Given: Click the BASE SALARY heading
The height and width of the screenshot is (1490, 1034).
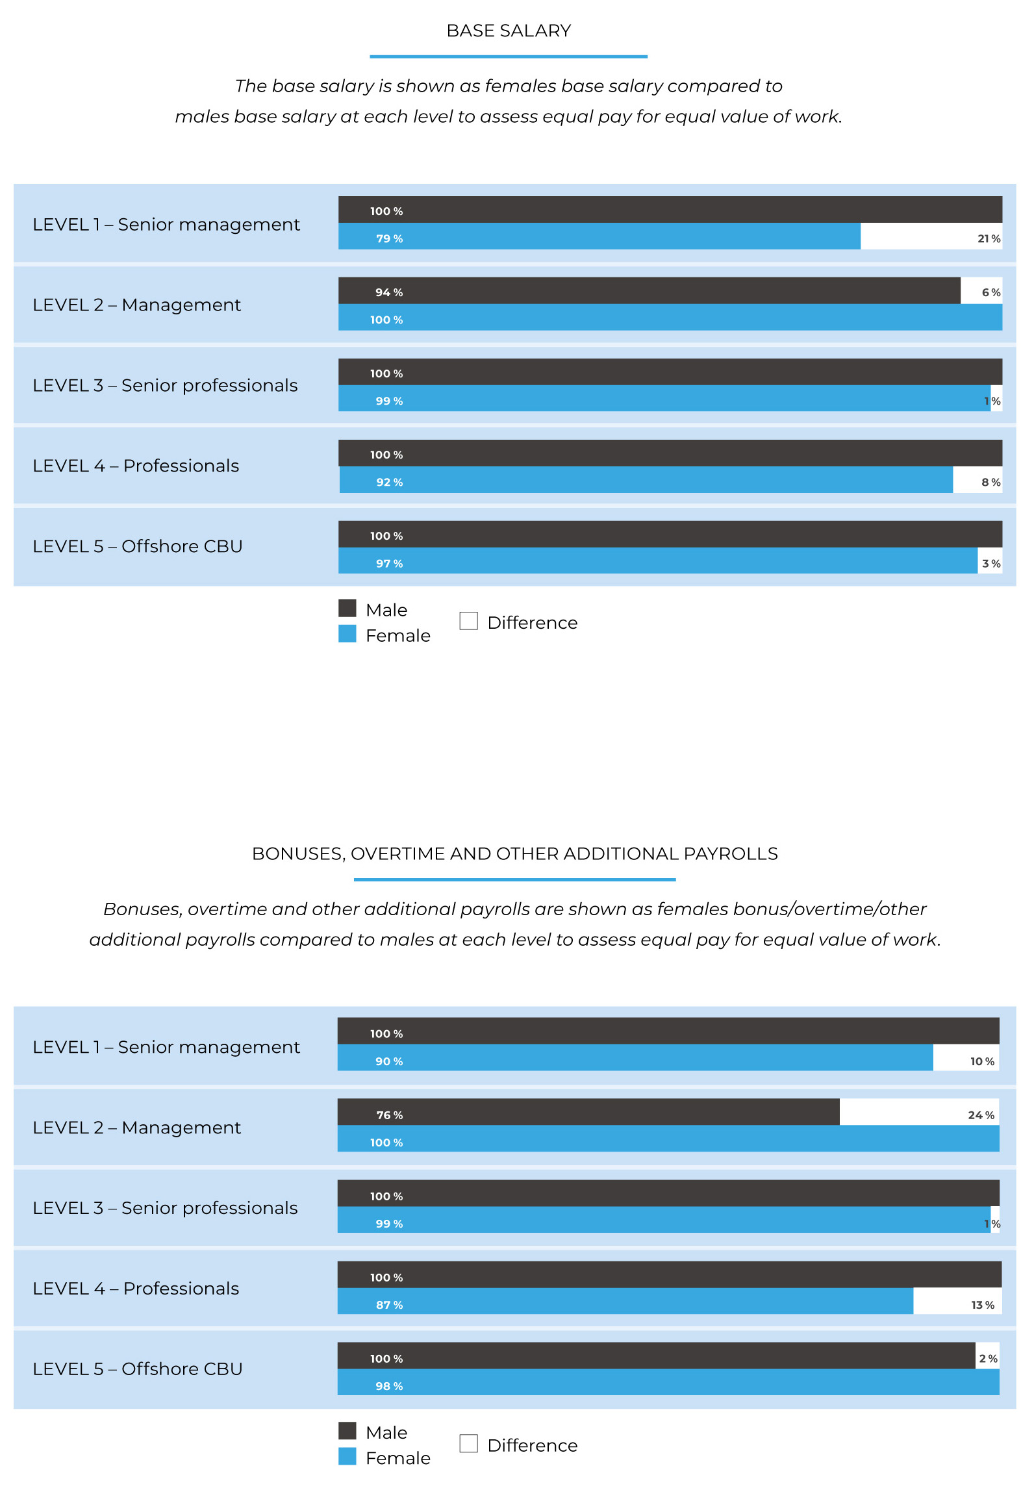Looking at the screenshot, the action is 509,31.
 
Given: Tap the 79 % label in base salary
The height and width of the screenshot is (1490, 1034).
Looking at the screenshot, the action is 389,238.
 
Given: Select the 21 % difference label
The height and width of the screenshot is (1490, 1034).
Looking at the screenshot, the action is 989,238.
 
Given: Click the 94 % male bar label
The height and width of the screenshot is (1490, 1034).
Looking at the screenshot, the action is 389,292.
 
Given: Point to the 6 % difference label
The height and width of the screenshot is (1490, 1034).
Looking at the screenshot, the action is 991,292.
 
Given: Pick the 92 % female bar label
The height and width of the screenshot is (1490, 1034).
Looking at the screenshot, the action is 389,482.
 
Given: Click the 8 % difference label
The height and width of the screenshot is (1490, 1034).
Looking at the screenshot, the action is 991,482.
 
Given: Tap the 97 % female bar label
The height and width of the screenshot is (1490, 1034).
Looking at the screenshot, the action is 389,563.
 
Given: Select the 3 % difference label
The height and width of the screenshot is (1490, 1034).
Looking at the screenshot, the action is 991,563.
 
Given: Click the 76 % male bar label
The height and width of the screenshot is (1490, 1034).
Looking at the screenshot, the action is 389,1115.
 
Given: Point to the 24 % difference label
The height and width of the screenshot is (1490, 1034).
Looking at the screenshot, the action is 981,1115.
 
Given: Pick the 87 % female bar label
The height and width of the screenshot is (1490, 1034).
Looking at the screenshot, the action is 389,1305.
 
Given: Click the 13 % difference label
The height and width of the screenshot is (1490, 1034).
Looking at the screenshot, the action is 983,1305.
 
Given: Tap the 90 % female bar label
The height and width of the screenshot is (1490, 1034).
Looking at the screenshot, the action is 389,1061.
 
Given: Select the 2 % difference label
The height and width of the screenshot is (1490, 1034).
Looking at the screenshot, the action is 988,1359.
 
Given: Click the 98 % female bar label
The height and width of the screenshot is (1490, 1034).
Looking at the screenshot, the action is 389,1386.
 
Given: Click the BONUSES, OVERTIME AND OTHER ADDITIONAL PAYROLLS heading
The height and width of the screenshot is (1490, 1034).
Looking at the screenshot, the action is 515,853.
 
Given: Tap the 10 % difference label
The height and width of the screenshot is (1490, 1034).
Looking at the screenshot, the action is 982,1061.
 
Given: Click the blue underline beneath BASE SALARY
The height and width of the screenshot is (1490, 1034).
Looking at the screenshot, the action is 509,57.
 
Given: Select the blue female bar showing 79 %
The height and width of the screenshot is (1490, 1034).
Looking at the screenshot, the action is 599,236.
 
